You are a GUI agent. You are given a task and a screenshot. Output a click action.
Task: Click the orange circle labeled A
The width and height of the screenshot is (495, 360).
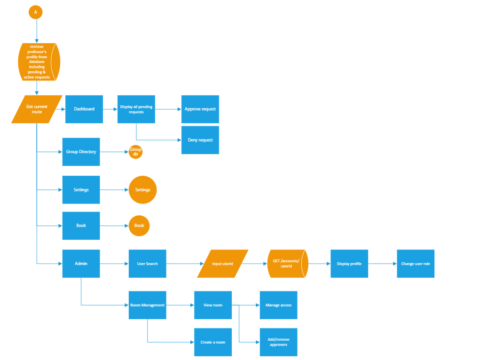click(x=35, y=12)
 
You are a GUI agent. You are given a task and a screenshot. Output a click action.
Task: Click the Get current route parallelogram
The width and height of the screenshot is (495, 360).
click(x=37, y=109)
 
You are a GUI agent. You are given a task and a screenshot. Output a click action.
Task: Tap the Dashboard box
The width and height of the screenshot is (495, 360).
click(x=84, y=109)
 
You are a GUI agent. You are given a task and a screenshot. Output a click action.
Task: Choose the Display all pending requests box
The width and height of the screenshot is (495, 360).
click(x=136, y=109)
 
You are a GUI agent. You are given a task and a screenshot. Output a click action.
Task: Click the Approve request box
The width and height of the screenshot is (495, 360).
click(x=200, y=109)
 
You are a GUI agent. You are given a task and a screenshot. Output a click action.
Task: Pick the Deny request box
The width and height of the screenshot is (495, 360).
click(x=200, y=140)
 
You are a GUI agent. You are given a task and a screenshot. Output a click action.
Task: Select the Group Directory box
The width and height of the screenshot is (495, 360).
click(x=81, y=152)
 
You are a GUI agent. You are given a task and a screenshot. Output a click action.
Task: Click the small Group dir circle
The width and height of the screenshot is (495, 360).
click(x=135, y=152)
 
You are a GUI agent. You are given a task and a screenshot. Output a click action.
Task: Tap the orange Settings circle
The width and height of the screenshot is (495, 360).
click(x=142, y=190)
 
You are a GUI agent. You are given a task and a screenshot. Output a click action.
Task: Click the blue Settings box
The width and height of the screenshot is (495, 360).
click(x=81, y=190)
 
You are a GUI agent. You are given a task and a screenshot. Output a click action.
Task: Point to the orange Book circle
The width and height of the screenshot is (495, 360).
click(x=139, y=226)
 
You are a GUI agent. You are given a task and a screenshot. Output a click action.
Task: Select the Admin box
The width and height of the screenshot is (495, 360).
click(x=81, y=264)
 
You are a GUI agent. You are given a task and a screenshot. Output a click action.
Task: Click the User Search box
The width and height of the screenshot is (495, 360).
click(x=148, y=264)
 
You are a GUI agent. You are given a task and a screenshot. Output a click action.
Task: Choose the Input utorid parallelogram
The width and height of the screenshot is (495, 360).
click(x=223, y=264)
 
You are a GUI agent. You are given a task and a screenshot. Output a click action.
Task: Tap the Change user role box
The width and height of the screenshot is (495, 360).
click(x=416, y=264)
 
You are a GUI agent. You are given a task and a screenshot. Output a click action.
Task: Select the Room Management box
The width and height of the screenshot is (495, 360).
click(x=148, y=305)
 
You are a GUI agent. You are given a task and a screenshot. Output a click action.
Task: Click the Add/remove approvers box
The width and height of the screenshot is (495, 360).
click(x=279, y=342)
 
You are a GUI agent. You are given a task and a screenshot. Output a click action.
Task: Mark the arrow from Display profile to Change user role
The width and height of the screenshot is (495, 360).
click(x=382, y=264)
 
